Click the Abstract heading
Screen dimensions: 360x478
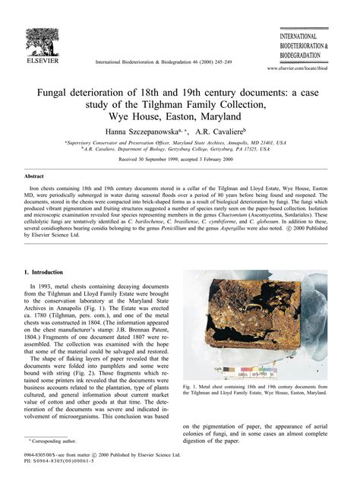[36, 176]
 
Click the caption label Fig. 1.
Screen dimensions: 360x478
[192, 386]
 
